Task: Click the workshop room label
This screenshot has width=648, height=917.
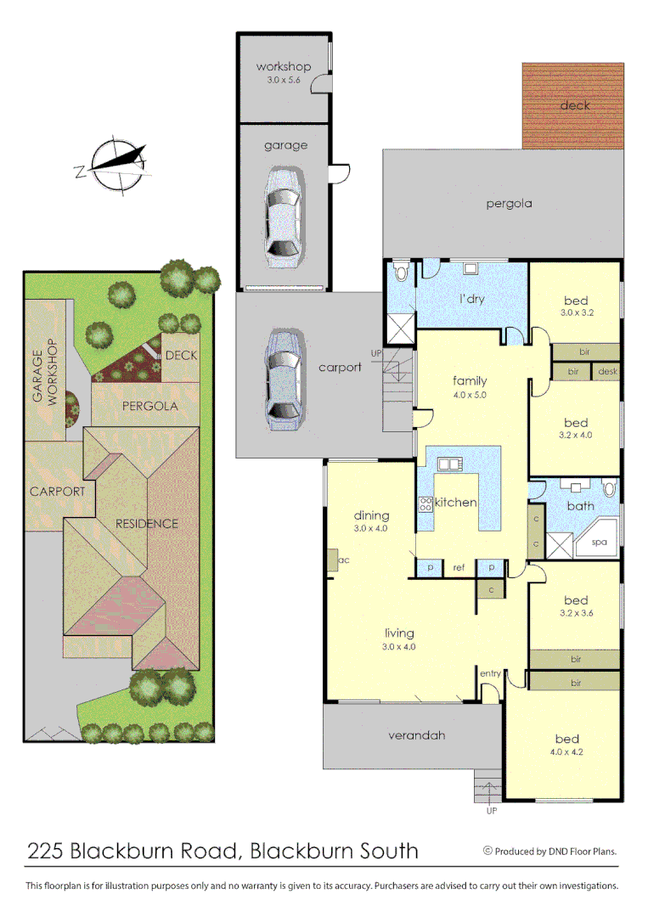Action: (284, 67)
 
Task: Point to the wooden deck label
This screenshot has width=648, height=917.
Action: (575, 105)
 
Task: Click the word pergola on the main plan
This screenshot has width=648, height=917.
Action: (509, 204)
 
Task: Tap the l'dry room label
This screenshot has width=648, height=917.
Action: (471, 299)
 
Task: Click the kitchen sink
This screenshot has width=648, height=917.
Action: (448, 464)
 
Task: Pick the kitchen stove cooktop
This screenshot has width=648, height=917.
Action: (425, 503)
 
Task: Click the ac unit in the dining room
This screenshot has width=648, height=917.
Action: (333, 560)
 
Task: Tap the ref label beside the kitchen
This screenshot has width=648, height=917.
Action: (459, 568)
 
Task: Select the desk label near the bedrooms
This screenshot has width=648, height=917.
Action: (607, 372)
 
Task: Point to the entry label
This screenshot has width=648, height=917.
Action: (490, 673)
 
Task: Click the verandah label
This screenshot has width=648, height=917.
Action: (417, 735)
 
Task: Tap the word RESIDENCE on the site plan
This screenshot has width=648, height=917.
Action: (147, 524)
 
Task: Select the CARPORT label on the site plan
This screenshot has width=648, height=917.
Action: (57, 492)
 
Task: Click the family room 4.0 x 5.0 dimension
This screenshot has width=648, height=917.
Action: (470, 395)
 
